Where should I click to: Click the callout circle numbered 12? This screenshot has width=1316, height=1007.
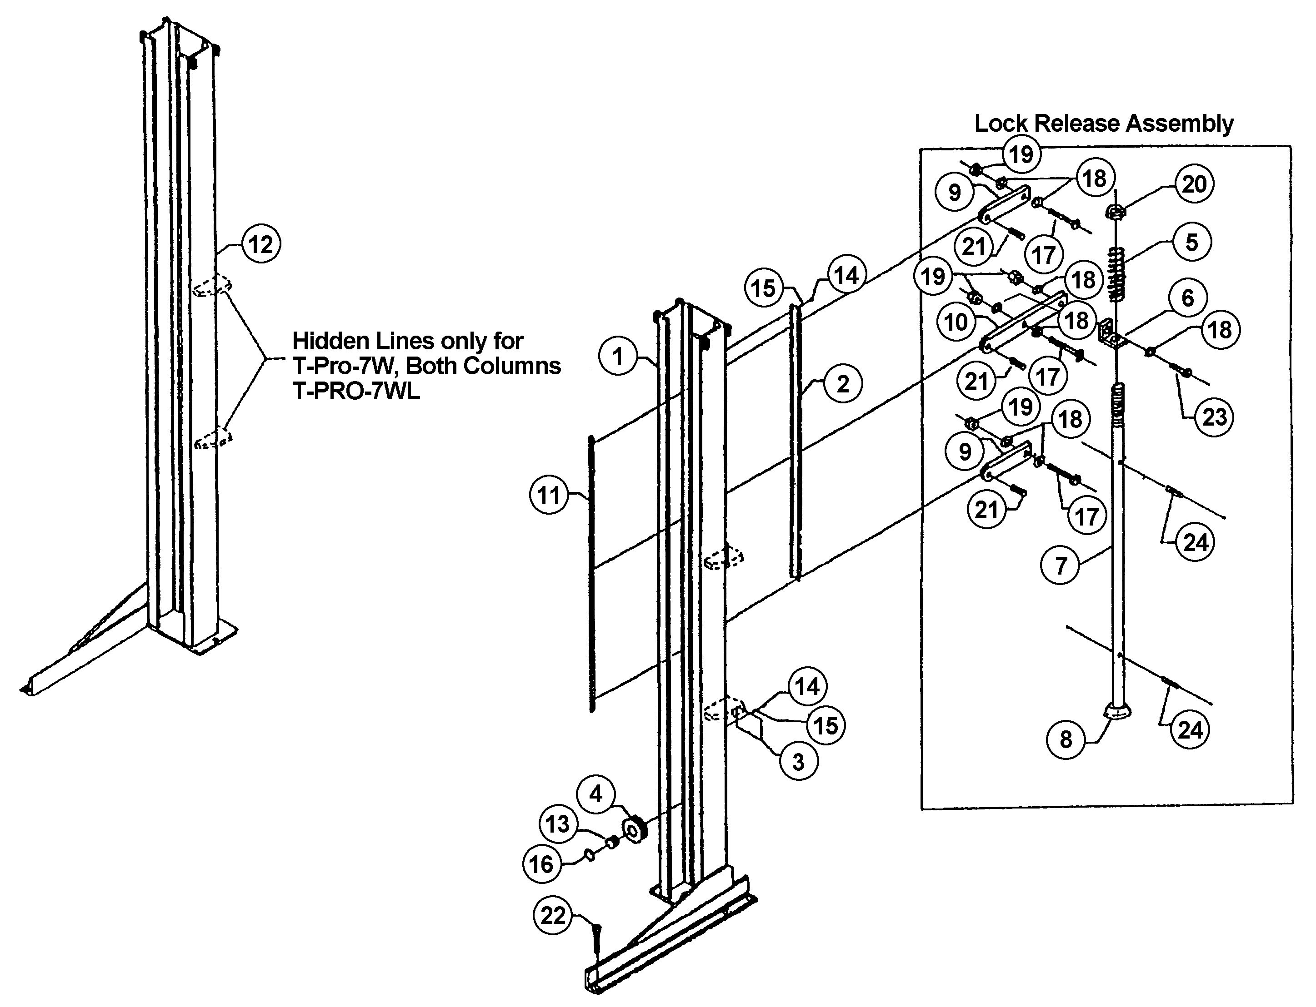pos(261,244)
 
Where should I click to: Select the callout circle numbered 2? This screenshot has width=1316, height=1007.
pos(843,384)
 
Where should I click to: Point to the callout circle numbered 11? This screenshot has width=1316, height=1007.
pos(549,496)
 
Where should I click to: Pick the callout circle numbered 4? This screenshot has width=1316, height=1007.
pos(595,795)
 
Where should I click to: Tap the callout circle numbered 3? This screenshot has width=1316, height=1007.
pos(798,762)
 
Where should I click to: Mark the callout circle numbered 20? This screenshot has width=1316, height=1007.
pos(1194,184)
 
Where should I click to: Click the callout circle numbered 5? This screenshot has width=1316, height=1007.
pos(1192,242)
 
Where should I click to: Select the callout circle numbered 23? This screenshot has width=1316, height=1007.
pos(1215,417)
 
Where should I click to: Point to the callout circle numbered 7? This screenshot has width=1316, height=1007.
pos(1061,565)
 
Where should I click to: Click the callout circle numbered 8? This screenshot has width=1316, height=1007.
pos(1066,739)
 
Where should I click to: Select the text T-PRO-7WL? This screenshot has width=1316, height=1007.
pos(356,392)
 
